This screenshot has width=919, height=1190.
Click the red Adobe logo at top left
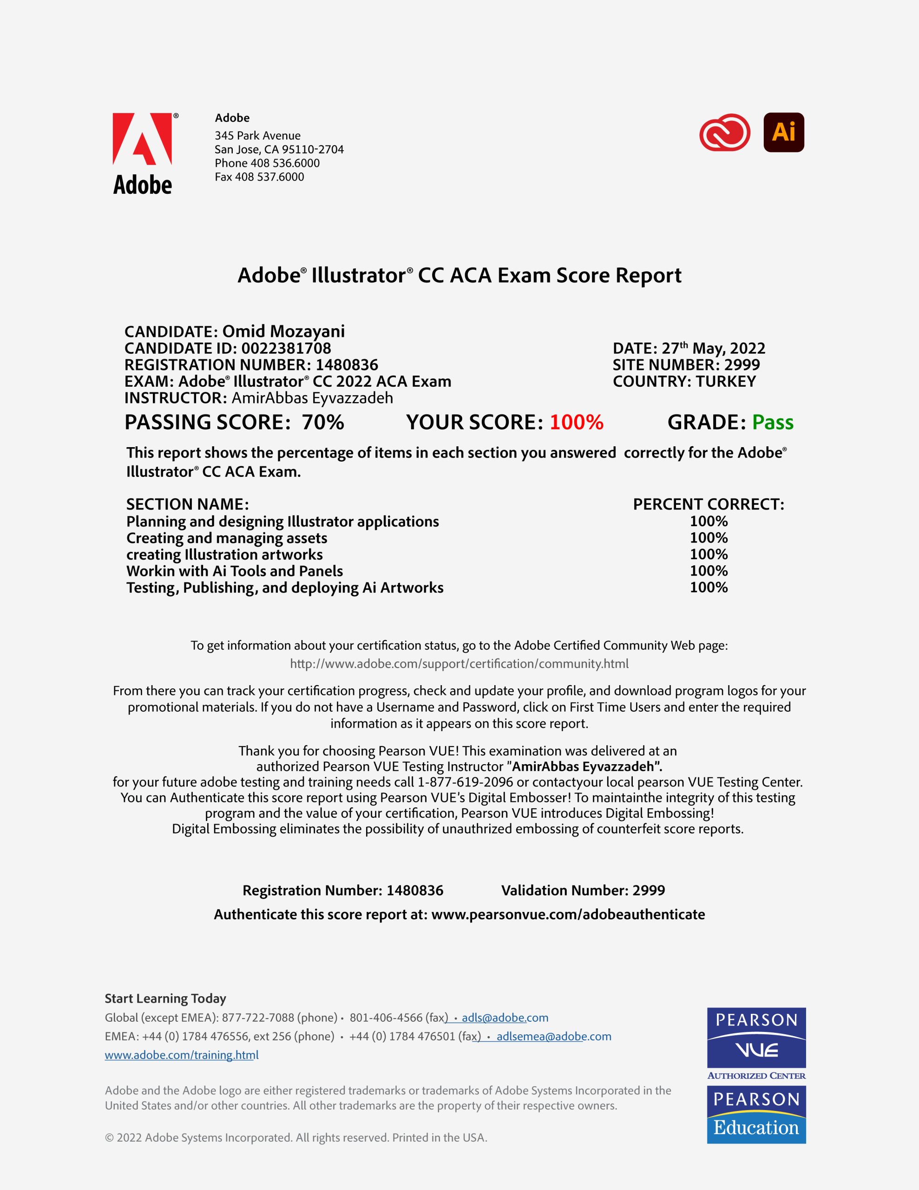click(142, 139)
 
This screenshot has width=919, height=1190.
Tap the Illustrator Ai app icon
click(783, 132)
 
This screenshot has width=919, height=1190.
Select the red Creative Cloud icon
click(724, 132)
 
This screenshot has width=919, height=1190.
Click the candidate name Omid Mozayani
click(283, 331)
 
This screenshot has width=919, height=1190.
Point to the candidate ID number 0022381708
click(286, 348)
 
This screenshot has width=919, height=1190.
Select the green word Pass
click(773, 422)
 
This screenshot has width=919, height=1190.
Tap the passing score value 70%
click(323, 422)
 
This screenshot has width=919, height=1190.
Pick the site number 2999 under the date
click(742, 365)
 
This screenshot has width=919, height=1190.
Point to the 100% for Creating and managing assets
click(708, 538)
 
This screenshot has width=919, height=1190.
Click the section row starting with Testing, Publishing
click(285, 588)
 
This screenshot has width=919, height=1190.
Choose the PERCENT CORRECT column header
click(708, 504)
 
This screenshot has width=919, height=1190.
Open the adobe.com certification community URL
click(459, 664)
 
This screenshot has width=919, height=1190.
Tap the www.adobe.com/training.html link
click(181, 1055)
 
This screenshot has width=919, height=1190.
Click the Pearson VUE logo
click(756, 1038)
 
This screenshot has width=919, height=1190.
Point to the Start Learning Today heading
click(165, 998)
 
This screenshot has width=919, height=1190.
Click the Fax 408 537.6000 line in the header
click(259, 177)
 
